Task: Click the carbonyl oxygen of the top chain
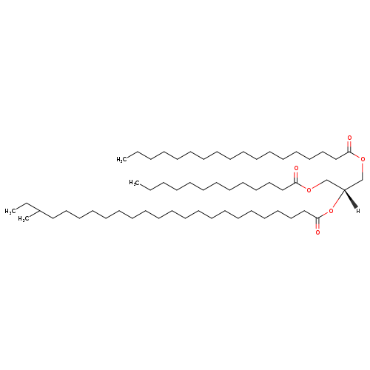click(x=349, y=138)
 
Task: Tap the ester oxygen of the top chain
click(x=363, y=159)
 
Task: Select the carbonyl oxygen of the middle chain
click(x=296, y=169)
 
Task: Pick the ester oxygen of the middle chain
click(x=309, y=189)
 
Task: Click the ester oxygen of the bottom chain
click(x=331, y=211)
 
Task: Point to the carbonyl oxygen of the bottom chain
click(x=317, y=232)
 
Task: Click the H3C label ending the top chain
click(x=122, y=159)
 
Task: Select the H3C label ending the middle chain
click(x=135, y=183)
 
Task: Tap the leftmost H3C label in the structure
click(x=10, y=212)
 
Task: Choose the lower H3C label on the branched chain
click(x=24, y=219)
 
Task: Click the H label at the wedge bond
click(x=358, y=211)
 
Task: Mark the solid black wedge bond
click(x=351, y=198)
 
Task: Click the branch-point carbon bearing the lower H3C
click(x=39, y=211)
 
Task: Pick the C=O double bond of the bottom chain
click(x=317, y=223)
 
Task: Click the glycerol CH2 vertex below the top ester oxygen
click(x=363, y=180)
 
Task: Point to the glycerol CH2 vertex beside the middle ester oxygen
click(x=326, y=180)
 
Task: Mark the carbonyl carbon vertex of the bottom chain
click(x=317, y=218)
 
